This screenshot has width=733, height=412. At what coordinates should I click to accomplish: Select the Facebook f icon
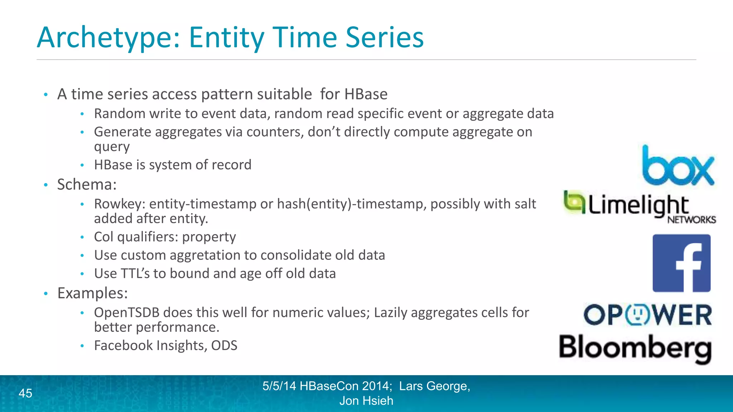[681, 264]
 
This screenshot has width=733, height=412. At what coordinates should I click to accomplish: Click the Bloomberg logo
[635, 348]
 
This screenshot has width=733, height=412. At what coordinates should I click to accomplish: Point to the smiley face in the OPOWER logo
[637, 315]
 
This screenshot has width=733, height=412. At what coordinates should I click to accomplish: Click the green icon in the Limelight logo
[574, 202]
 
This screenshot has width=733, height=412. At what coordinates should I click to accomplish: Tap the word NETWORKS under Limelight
[691, 220]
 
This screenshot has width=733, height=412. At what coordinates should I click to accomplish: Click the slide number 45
[25, 393]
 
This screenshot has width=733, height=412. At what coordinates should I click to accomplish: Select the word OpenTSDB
[126, 313]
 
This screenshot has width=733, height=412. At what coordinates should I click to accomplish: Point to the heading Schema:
[87, 185]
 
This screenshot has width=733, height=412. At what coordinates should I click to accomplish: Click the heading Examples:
[92, 293]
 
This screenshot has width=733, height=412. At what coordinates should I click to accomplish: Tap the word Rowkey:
[120, 204]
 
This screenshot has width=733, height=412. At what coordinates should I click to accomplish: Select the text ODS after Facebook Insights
[224, 346]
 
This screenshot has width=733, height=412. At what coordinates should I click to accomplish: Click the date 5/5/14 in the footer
[279, 386]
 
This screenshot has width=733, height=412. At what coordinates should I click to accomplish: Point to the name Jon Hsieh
[366, 401]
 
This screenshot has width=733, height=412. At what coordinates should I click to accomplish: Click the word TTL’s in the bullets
[135, 274]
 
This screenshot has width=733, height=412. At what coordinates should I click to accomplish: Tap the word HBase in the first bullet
[365, 94]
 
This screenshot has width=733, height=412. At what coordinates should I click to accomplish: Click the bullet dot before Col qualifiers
[82, 237]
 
